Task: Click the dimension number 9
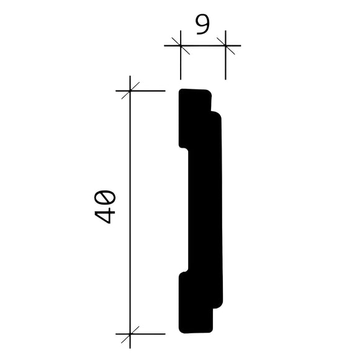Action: pyautogui.click(x=202, y=26)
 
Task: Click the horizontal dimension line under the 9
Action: pyautogui.click(x=202, y=45)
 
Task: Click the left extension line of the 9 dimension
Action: pyautogui.click(x=180, y=65)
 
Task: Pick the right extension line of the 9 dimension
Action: pyautogui.click(x=225, y=65)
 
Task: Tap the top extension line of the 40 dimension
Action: pyautogui.click(x=152, y=91)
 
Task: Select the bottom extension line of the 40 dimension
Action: pyautogui.click(x=152, y=333)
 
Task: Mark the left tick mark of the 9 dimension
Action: pyautogui.click(x=180, y=45)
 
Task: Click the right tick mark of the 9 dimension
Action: pyautogui.click(x=225, y=45)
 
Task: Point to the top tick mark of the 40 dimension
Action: pyautogui.click(x=130, y=91)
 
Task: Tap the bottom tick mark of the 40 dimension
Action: pyautogui.click(x=130, y=333)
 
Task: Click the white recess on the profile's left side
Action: pyautogui.click(x=184, y=211)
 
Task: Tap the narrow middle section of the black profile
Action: pyautogui.click(x=205, y=211)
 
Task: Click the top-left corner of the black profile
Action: pyautogui.click(x=181, y=92)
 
